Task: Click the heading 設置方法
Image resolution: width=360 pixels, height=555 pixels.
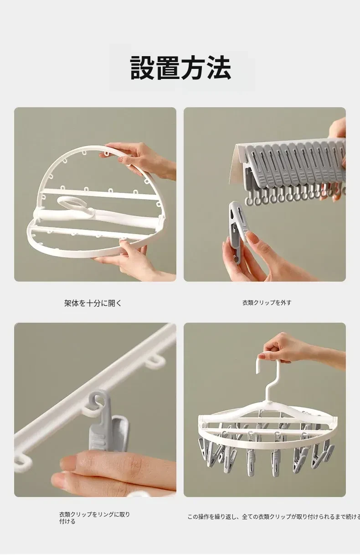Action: pyautogui.click(x=180, y=68)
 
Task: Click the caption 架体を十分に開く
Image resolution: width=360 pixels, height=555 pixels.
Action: pyautogui.click(x=93, y=303)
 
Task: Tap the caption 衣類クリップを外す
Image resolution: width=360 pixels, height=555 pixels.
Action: pyautogui.click(x=267, y=303)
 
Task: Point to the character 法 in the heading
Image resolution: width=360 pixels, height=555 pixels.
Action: pyautogui.click(x=219, y=68)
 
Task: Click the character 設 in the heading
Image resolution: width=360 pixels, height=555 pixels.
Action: pyautogui.click(x=142, y=68)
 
